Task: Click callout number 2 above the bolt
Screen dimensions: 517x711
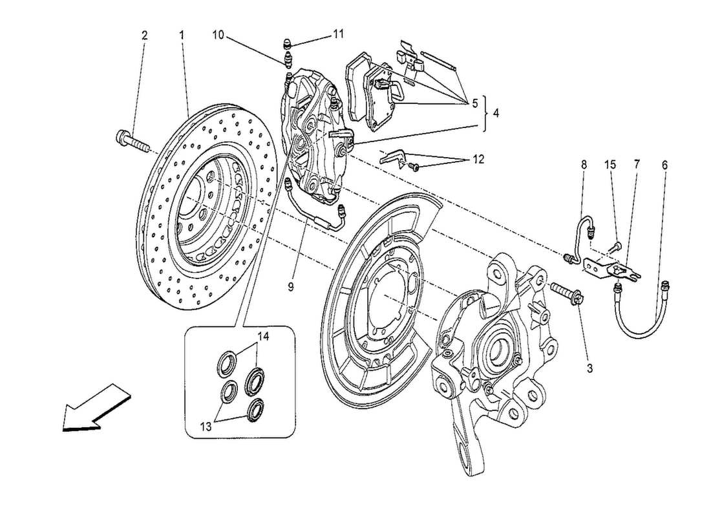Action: coord(144,35)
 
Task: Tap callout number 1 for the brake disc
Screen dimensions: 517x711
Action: coord(182,35)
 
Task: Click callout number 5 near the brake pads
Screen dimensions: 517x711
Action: coord(474,102)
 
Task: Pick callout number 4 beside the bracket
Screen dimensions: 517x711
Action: coord(496,112)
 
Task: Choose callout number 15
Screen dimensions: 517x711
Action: coord(610,165)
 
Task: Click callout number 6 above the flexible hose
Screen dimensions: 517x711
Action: coord(665,165)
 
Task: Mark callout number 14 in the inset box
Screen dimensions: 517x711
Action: coord(263,336)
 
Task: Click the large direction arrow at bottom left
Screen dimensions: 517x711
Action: coord(93,408)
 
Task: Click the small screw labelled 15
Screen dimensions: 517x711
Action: coord(617,245)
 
